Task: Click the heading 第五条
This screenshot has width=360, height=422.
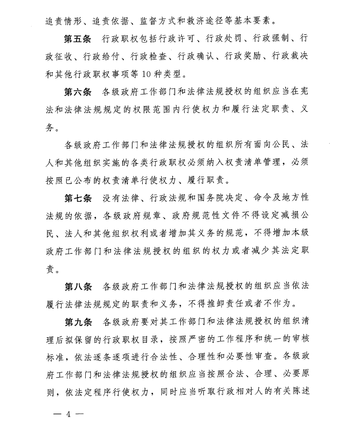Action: pyautogui.click(x=78, y=39)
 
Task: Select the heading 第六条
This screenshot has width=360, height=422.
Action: pyautogui.click(x=78, y=92)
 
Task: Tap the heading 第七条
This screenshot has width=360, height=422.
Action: pyautogui.click(x=78, y=198)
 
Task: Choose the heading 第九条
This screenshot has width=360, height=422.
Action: pyautogui.click(x=78, y=322)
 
